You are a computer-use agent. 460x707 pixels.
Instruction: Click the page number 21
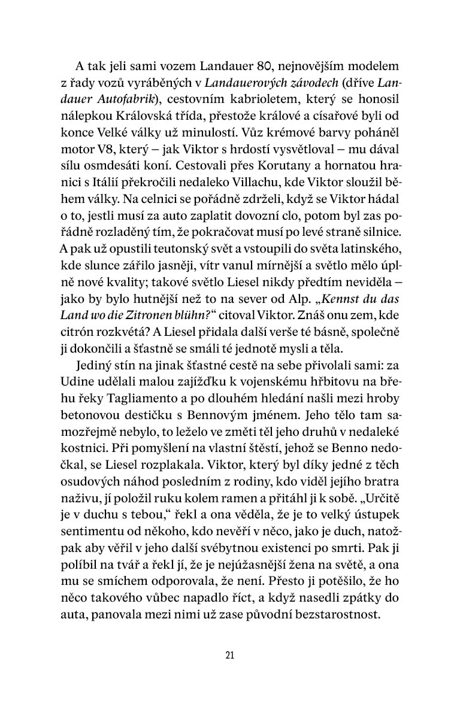(x=230, y=655)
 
